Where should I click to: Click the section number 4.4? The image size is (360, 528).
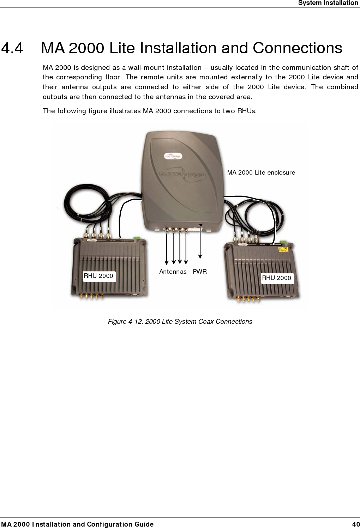coord(12,48)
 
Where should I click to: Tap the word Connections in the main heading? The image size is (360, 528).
coord(298,48)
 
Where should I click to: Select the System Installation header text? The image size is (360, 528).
coord(328,3)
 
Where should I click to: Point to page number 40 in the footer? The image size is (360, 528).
coord(356,524)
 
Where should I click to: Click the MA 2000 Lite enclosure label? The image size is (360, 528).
coord(261,172)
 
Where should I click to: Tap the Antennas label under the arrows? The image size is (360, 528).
coord(173,272)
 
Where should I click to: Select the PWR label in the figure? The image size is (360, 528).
coord(200,272)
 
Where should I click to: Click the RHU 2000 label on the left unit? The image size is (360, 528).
coord(98,276)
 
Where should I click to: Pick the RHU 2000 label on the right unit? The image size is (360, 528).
coord(276,278)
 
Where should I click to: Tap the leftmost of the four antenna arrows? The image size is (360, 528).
coord(167,247)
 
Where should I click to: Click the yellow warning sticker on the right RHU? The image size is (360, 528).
coord(283,249)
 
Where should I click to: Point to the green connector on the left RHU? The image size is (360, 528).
coord(137,238)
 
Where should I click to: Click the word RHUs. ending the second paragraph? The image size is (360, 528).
coord(247,111)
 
